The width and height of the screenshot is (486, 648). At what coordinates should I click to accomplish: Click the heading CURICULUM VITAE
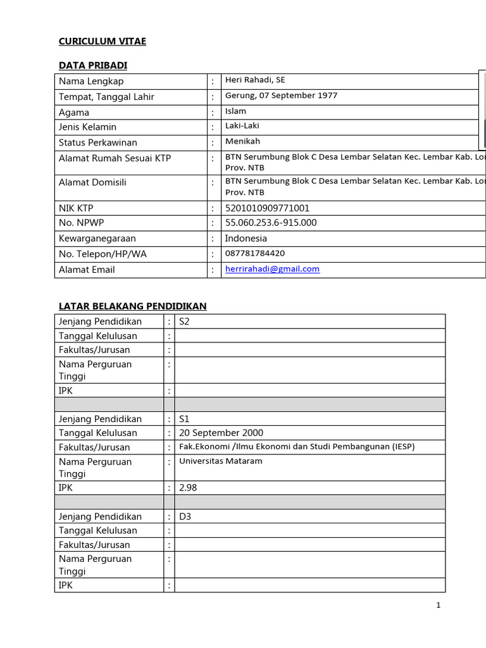[102, 41]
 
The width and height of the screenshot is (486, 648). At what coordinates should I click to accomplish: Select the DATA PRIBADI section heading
[93, 65]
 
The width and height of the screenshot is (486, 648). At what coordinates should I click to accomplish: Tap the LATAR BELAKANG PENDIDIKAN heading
[132, 306]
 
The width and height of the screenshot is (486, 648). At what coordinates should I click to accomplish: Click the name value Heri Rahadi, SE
[255, 80]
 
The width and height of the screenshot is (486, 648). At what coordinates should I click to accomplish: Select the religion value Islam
[235, 111]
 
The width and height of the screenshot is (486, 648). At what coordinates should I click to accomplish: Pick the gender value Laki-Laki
[242, 126]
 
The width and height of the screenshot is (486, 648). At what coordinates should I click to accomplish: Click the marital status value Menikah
[242, 142]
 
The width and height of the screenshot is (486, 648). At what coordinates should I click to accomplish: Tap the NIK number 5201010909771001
[267, 208]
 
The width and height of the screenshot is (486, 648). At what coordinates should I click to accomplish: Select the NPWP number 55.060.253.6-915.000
[271, 223]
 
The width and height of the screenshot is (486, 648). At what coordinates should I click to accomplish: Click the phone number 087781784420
[255, 253]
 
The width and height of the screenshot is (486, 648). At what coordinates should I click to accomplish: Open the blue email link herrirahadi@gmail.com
[272, 269]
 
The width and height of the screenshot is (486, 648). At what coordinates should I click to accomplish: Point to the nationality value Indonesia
[246, 239]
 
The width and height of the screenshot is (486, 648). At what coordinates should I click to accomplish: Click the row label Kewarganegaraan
[97, 239]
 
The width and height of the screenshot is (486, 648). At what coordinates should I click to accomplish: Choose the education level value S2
[185, 321]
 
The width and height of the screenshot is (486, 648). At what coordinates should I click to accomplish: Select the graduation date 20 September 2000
[221, 433]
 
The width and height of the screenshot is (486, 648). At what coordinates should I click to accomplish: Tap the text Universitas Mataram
[220, 461]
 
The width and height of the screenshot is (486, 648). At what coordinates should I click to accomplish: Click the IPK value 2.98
[189, 488]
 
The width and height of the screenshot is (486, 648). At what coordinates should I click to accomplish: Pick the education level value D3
[185, 516]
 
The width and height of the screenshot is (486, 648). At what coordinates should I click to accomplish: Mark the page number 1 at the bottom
[438, 605]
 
